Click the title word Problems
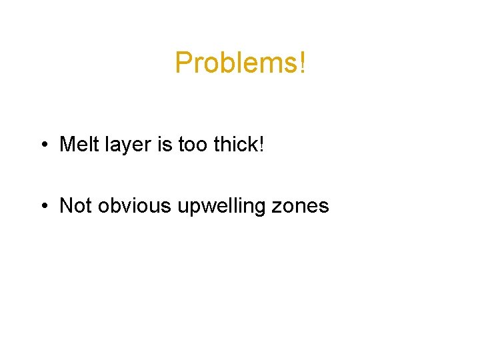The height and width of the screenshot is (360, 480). pos(237,63)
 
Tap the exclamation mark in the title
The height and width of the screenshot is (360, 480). pos(303,63)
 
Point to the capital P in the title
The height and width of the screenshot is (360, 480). pos(182,63)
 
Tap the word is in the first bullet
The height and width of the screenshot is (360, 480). pos(164,144)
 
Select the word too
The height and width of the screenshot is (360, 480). pos(192,144)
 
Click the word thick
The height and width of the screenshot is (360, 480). pos(235,144)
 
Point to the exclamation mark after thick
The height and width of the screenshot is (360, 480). pos(261,144)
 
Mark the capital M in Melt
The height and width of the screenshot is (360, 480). pos(67,144)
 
